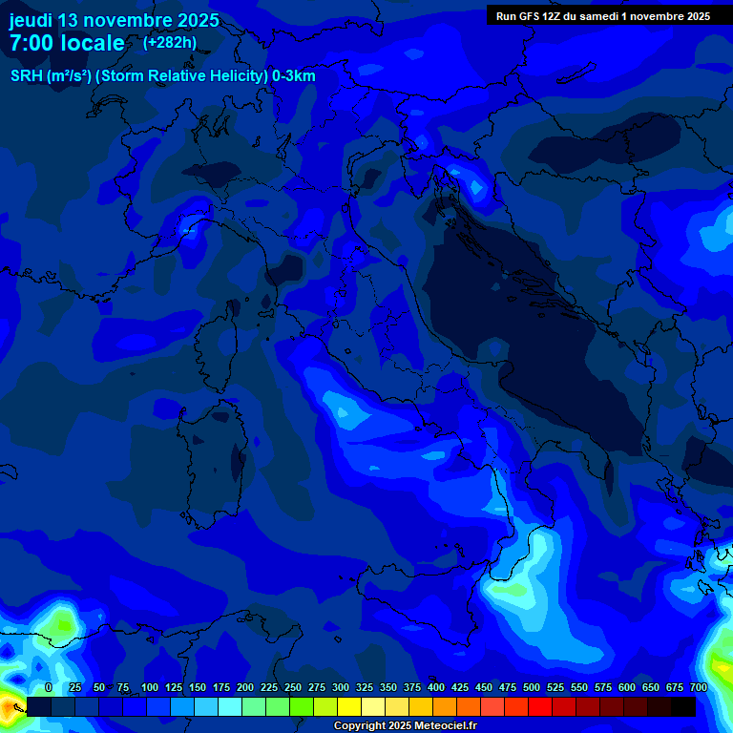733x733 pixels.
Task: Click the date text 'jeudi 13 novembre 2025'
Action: pos(114,20)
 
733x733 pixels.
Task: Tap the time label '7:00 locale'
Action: pos(67,43)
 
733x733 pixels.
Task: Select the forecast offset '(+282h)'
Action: pos(170,42)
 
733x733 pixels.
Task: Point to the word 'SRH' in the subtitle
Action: pos(27,76)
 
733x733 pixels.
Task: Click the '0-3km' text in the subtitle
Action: pos(294,76)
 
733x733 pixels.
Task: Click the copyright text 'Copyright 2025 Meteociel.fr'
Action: pos(404,726)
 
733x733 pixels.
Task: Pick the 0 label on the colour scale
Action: pos(49,687)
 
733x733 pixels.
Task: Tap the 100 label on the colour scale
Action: pos(150,687)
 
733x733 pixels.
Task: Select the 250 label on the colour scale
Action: pos(293,687)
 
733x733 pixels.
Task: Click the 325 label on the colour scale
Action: pos(365,687)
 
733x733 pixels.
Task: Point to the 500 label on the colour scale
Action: pos(532,687)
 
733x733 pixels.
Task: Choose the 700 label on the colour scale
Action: pos(698,687)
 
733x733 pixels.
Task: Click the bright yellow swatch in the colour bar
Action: pos(349,706)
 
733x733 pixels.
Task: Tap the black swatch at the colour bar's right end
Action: pos(683,706)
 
